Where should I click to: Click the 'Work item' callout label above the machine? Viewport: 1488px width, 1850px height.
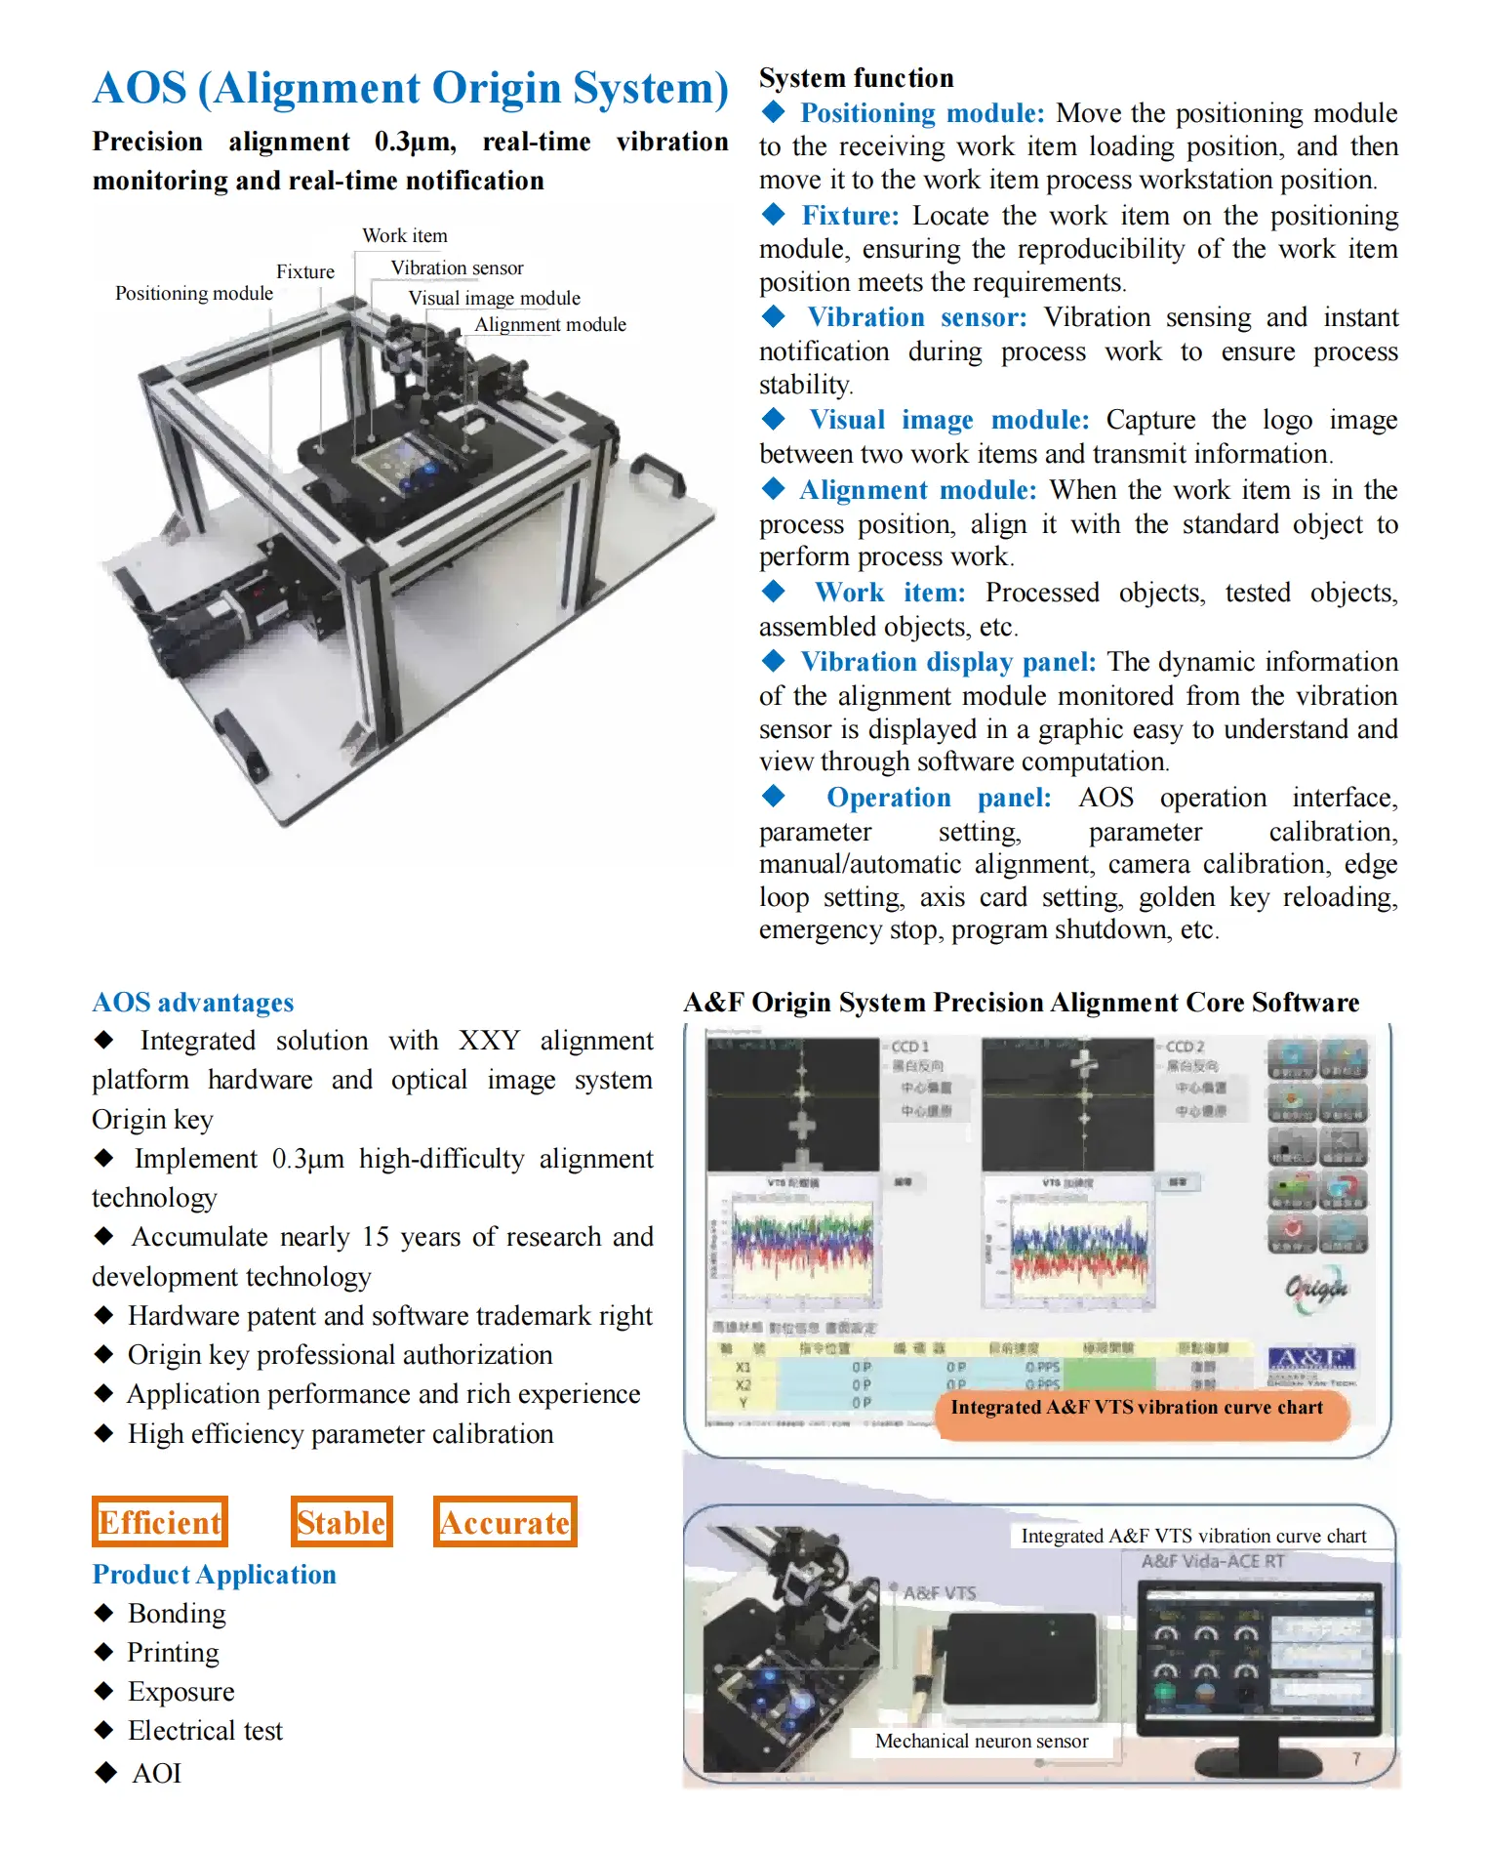404,235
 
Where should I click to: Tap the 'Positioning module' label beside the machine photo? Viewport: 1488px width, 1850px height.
193,293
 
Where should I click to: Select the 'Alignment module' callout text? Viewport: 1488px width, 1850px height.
549,324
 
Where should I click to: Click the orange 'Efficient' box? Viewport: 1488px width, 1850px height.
160,1522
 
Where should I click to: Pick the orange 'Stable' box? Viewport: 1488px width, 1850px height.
342,1522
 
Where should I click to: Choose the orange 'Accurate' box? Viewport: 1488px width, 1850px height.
504,1522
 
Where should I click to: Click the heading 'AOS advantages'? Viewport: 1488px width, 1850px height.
192,1003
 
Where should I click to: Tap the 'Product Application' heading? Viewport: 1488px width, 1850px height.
214,1574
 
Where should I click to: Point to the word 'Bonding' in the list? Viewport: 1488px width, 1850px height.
177,1613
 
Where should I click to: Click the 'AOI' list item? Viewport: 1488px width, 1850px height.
156,1773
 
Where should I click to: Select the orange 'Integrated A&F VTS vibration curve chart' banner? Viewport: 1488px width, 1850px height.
1137,1407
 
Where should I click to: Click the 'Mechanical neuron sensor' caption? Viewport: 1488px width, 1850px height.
981,1741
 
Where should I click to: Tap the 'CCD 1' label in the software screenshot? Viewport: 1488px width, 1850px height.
909,1047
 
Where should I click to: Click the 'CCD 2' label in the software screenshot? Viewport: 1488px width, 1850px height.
1185,1047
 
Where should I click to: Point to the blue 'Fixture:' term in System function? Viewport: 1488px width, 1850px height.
850,215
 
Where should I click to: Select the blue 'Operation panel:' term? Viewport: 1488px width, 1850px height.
938,798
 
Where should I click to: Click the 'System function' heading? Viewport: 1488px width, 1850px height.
856,78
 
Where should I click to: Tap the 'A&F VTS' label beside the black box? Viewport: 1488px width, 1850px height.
939,1592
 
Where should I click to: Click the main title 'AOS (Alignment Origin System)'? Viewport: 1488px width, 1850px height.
410,88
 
